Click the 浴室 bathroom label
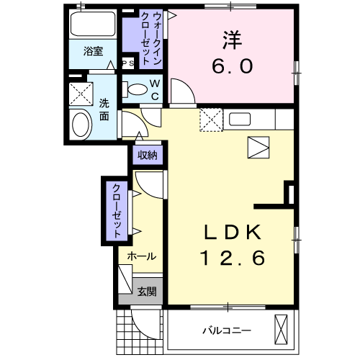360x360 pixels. pyautogui.click(x=93, y=51)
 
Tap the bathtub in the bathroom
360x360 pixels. pyautogui.click(x=93, y=23)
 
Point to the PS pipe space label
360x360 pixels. pyautogui.click(x=128, y=63)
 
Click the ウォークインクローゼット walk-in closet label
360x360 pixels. pyautogui.click(x=151, y=38)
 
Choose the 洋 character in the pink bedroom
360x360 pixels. pyautogui.click(x=232, y=40)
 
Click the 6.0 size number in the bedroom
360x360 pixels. pyautogui.click(x=232, y=66)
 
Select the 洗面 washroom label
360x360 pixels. pyautogui.click(x=104, y=109)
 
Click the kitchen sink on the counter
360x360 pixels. pyautogui.click(x=240, y=120)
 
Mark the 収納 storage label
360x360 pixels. pyautogui.click(x=148, y=156)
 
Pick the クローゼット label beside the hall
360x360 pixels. pyautogui.click(x=117, y=211)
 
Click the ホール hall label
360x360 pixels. pyautogui.click(x=142, y=256)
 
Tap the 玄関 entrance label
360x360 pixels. pyautogui.click(x=147, y=292)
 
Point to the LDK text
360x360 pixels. pyautogui.click(x=233, y=232)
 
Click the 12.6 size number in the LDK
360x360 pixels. pyautogui.click(x=233, y=258)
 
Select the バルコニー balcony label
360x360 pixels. pyautogui.click(x=227, y=330)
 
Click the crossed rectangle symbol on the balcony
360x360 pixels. pyautogui.click(x=281, y=330)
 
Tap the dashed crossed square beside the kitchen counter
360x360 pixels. pyautogui.click(x=211, y=120)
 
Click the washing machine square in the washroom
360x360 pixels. pyautogui.click(x=81, y=94)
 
